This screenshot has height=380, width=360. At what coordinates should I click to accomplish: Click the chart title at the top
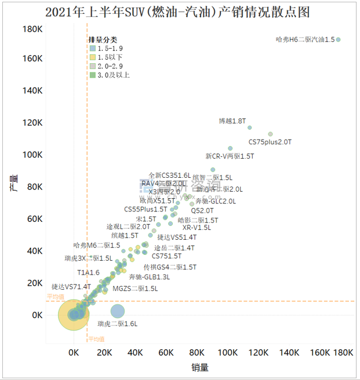pos(180,12)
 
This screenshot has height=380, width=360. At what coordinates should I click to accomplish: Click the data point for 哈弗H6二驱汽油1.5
pos(339,39)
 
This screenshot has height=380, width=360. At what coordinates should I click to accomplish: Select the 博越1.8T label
pos(232,121)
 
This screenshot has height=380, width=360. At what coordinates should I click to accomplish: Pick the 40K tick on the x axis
pos(135,353)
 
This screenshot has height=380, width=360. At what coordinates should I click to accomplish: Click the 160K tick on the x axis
pos(321,353)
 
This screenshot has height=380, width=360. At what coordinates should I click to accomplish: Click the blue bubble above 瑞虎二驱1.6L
pos(118,311)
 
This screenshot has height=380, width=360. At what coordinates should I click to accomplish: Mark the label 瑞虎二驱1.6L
pos(118,324)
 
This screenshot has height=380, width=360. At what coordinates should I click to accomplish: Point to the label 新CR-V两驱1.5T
pos(230,156)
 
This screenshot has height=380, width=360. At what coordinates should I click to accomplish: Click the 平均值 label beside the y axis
pos(56,297)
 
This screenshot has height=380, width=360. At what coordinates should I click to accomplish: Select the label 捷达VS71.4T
pos(71,286)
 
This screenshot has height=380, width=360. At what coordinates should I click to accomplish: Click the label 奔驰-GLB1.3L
pos(150,277)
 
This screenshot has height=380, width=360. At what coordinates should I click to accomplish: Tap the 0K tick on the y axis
pos(37,315)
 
